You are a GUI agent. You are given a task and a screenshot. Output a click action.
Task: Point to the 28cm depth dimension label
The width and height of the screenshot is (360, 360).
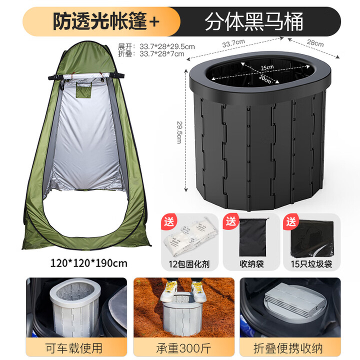pyautogui.click(x=315, y=43)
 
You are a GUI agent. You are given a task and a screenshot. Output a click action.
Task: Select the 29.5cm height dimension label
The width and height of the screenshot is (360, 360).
pyautogui.click(x=178, y=132)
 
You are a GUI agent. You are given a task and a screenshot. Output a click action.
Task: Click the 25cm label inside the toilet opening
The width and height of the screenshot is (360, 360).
pyautogui.click(x=266, y=67)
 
